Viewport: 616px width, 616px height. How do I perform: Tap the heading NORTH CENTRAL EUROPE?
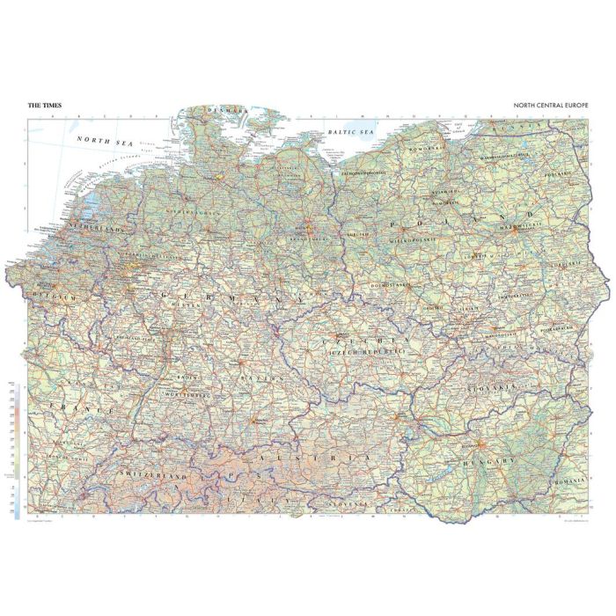(x=553, y=106)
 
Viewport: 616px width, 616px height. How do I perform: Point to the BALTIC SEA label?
(x=350, y=132)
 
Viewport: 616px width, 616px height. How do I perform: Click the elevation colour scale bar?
(x=17, y=449)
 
